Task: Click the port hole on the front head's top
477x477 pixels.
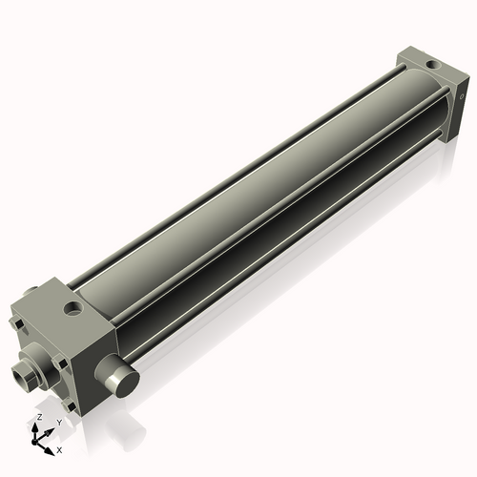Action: [73, 308]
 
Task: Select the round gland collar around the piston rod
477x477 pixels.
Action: [38, 367]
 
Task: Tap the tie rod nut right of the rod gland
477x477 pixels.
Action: [62, 361]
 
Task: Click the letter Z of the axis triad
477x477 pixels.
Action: [37, 418]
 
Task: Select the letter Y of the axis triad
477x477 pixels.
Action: [59, 422]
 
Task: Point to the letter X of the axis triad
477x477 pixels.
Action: [59, 448]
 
